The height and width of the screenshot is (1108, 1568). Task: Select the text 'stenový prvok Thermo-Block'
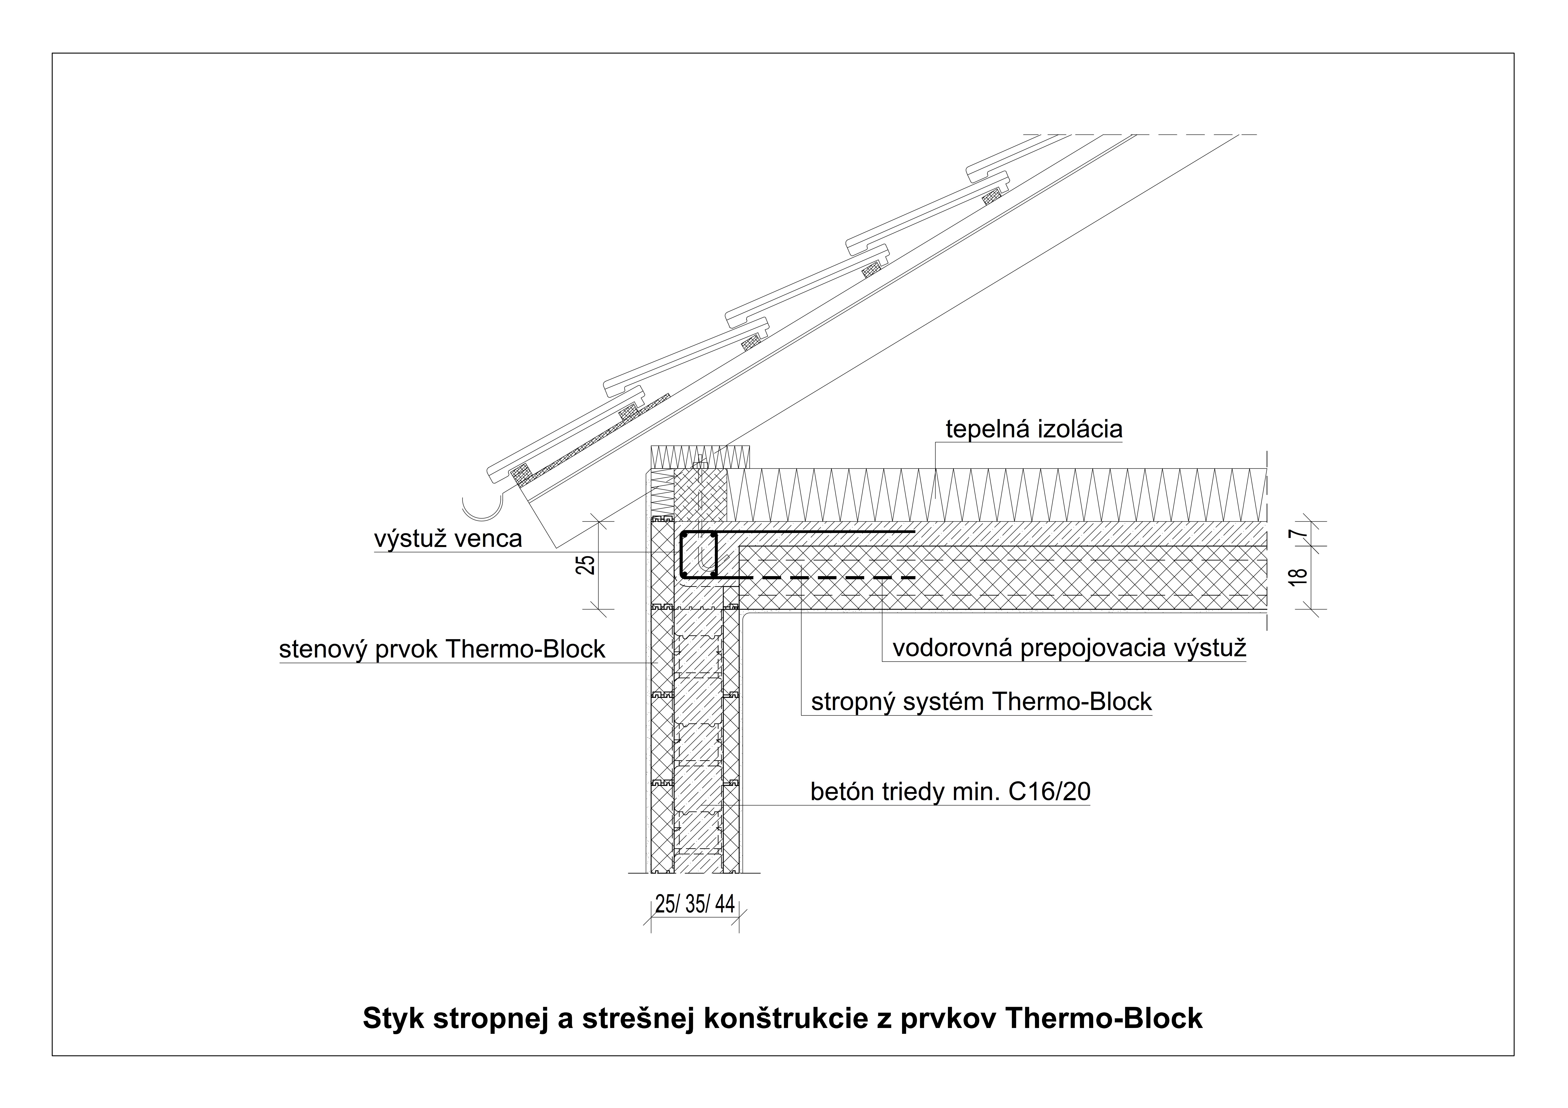(442, 649)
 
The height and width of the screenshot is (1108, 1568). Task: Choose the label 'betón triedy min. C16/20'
(950, 792)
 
